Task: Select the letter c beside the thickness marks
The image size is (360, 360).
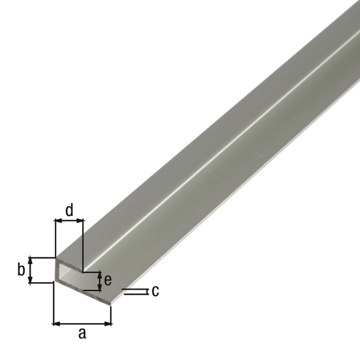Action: (155, 292)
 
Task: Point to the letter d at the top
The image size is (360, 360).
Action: (69, 210)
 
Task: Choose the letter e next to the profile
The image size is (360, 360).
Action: (108, 280)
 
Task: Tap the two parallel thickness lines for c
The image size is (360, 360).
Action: (134, 292)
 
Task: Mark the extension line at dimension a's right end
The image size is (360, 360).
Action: (112, 312)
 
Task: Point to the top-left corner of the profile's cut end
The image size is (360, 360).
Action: (56, 260)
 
